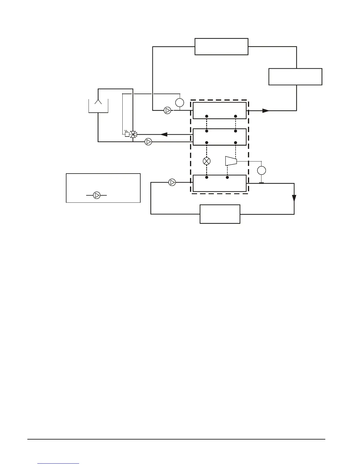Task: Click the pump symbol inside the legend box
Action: pos(96,195)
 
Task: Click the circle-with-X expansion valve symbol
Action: pos(207,161)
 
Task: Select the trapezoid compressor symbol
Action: pos(231,161)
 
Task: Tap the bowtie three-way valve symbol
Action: pos(133,134)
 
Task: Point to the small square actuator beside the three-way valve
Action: pos(127,134)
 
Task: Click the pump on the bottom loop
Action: pos(172,182)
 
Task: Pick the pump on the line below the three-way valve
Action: pos(148,142)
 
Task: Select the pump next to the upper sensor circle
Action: pos(167,111)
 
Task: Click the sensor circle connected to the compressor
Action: pos(261,170)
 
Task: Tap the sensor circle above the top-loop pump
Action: pos(179,103)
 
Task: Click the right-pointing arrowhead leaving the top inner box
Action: pos(266,111)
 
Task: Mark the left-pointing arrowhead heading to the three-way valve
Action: pos(164,134)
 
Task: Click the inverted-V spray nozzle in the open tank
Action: pos(98,102)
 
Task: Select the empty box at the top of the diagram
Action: pos(221,46)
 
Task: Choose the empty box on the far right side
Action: pos(295,77)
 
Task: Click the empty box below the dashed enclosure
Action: pos(220,214)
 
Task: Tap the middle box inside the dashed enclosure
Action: pos(219,137)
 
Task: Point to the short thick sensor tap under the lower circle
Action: pos(261,183)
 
